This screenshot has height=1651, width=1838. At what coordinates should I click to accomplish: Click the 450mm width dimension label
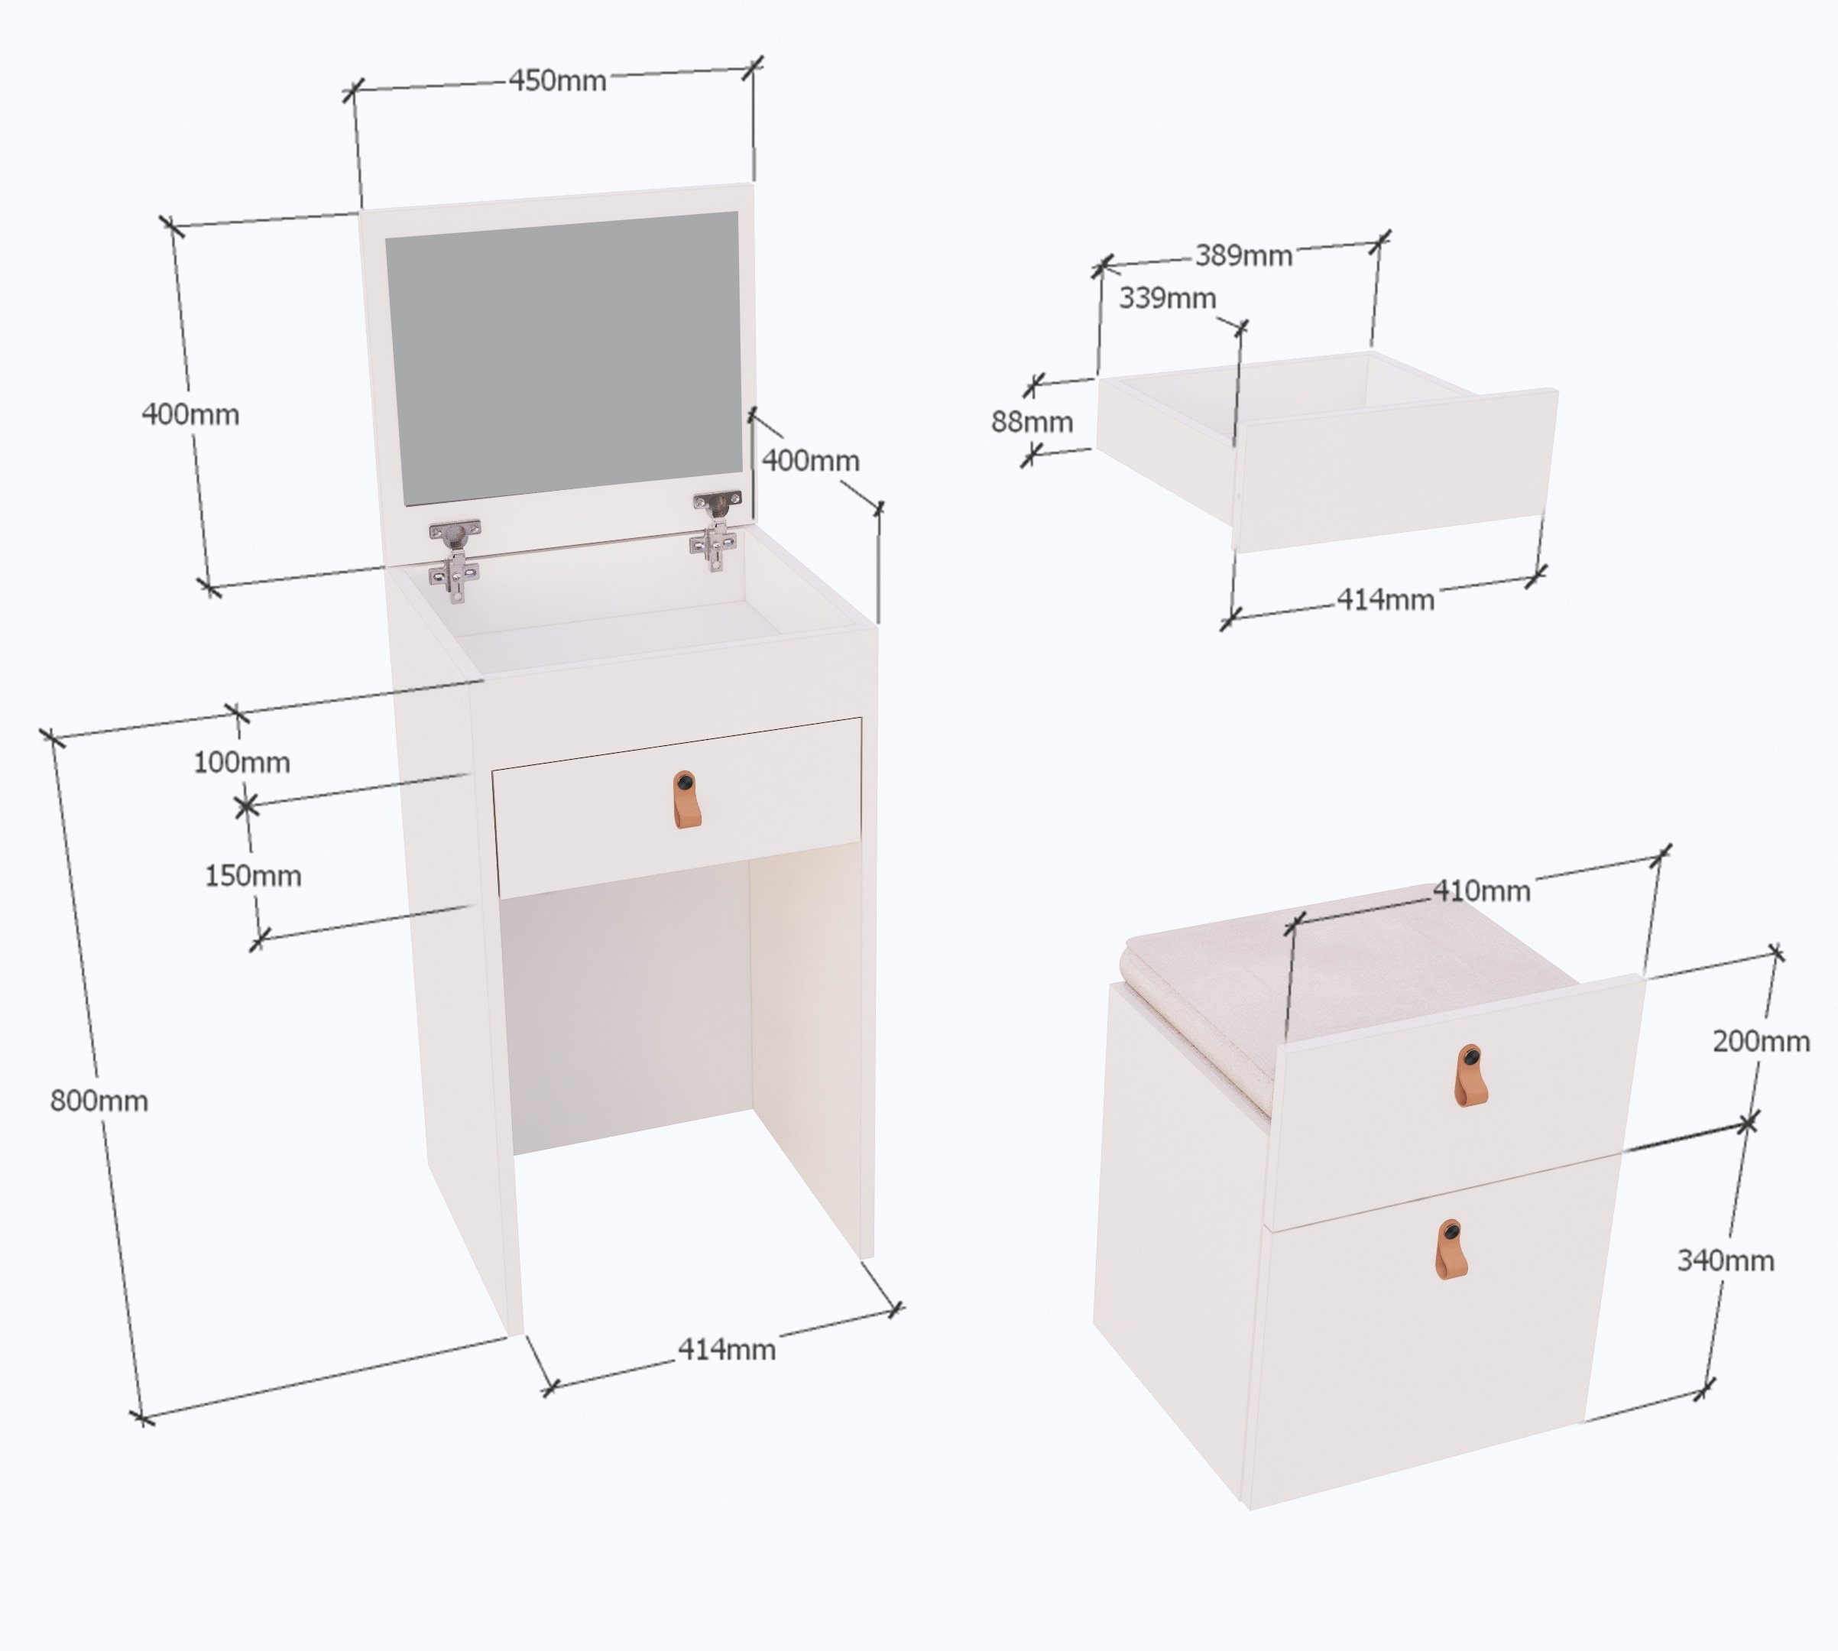click(x=557, y=81)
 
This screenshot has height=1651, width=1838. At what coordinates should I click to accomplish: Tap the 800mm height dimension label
click(x=99, y=1101)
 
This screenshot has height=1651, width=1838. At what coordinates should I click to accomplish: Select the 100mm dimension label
click(x=242, y=762)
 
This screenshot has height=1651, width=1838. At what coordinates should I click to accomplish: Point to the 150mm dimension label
click(x=253, y=875)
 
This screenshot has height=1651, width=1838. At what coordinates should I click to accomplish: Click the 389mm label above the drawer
click(x=1243, y=256)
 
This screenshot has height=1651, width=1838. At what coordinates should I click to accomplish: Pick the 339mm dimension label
click(x=1167, y=297)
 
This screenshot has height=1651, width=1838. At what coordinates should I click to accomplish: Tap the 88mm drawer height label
click(x=1032, y=422)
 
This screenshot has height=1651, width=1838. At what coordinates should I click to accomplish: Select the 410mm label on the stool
click(x=1481, y=890)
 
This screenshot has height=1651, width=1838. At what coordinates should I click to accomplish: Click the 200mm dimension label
click(x=1761, y=1041)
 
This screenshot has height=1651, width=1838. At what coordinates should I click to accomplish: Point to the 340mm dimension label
click(x=1726, y=1260)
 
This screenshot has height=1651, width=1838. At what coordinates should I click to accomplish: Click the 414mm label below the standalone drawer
click(x=1386, y=599)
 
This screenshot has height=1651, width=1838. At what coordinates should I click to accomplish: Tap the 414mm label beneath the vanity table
click(x=727, y=1350)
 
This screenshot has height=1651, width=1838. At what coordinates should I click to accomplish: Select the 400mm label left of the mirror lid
click(x=190, y=414)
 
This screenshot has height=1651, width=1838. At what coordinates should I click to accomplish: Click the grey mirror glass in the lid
click(x=563, y=358)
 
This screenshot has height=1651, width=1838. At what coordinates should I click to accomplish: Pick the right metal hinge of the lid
click(x=717, y=530)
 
